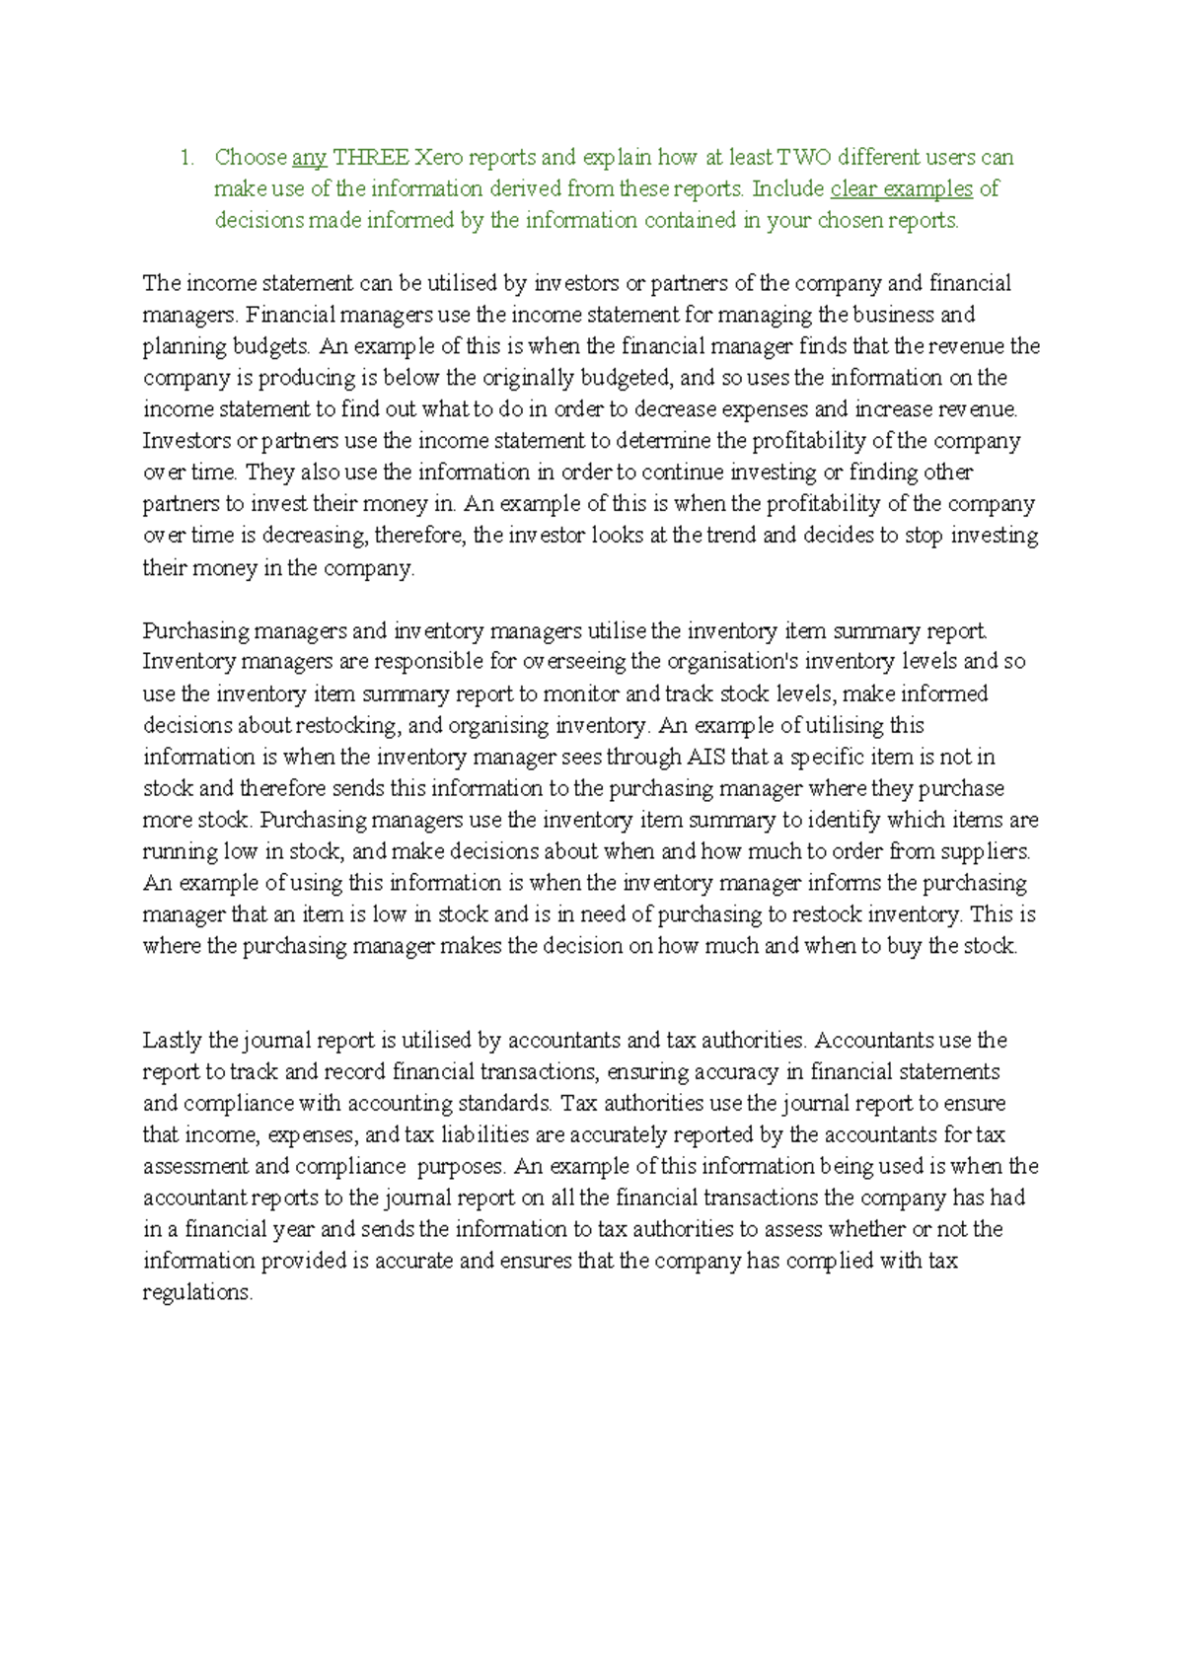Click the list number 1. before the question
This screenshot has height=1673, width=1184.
(186, 158)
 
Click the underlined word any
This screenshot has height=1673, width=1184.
(309, 158)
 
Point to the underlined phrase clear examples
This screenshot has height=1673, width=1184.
(902, 189)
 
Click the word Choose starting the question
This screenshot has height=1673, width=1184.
(251, 158)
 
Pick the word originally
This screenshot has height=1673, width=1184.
(528, 378)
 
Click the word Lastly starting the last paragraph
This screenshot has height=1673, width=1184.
(174, 1040)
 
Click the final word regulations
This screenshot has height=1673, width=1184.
(197, 1292)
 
